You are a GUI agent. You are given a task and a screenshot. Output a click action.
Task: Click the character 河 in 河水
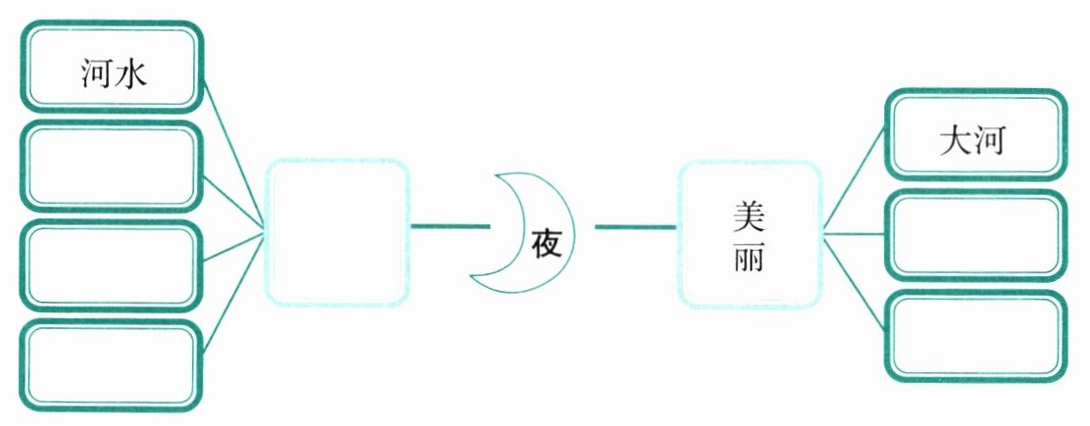(95, 73)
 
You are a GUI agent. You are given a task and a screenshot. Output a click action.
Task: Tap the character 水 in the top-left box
(129, 73)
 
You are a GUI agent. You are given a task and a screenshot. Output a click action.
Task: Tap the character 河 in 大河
(992, 142)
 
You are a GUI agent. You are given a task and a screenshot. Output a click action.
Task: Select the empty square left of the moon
(338, 232)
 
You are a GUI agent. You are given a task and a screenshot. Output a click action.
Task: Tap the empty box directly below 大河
(974, 235)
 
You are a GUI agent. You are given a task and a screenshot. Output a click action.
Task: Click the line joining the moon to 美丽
(635, 228)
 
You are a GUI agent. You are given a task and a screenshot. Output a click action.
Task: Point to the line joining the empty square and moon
(449, 227)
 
